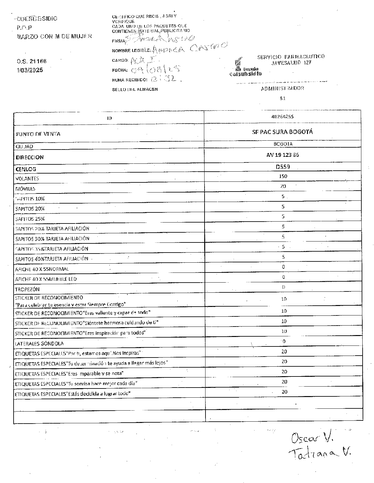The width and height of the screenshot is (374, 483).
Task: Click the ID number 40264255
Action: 282,117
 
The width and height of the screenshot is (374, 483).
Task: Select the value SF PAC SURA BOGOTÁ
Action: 282,132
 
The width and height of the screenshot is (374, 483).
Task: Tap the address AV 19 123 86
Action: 283,155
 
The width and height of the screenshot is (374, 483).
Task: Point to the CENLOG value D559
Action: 283,167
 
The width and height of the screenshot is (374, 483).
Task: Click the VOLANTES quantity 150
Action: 283,176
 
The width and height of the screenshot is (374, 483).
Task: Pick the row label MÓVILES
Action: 25,189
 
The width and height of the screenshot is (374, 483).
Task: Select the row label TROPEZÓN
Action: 28,289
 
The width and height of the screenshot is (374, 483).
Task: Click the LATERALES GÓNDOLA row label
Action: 39,344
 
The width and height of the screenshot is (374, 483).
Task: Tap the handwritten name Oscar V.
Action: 312,438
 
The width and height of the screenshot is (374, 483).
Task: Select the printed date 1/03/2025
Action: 30,70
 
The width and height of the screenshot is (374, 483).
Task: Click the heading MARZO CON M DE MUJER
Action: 54,36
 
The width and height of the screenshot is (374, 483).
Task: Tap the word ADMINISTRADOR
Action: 282,89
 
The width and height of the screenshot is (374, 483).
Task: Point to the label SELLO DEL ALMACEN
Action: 135,89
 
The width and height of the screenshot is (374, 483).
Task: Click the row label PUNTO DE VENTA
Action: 38,134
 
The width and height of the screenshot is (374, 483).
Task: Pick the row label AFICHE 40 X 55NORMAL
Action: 42,269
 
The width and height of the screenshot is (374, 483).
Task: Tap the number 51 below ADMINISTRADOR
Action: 283,98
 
